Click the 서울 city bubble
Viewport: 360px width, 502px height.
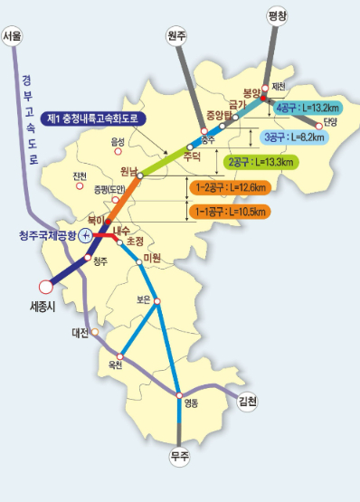(13, 35)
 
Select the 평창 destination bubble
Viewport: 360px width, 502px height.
(278, 15)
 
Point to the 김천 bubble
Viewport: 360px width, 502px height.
(247, 401)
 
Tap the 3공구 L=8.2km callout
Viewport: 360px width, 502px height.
(296, 137)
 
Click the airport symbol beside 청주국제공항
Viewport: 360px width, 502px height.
(85, 236)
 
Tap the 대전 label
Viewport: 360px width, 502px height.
(80, 333)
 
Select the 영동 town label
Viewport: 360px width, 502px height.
(190, 403)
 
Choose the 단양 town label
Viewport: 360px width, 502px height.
(330, 122)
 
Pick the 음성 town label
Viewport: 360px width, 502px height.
(117, 142)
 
